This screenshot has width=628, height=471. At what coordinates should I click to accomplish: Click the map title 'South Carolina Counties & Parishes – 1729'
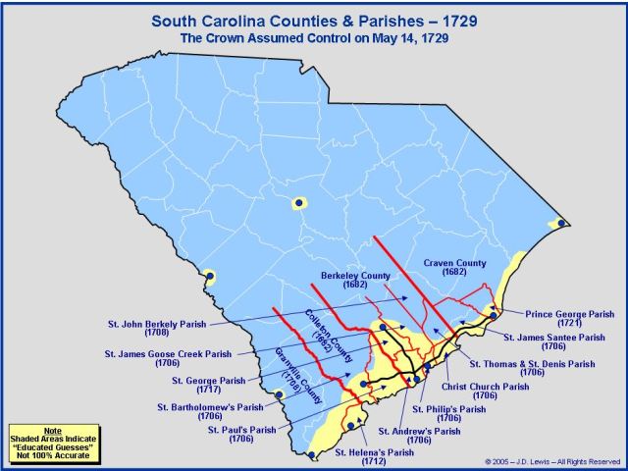314,19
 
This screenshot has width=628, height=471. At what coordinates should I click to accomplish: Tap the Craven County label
454,268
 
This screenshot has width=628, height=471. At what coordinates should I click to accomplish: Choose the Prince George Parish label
570,320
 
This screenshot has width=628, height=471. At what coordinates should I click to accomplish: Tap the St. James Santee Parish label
555,342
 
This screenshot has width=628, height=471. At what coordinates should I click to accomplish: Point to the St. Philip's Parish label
448,414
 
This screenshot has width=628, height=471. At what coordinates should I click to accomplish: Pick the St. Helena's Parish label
374,456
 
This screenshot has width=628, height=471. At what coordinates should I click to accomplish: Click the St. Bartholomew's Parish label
210,411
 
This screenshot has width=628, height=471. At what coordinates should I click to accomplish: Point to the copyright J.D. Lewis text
554,461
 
